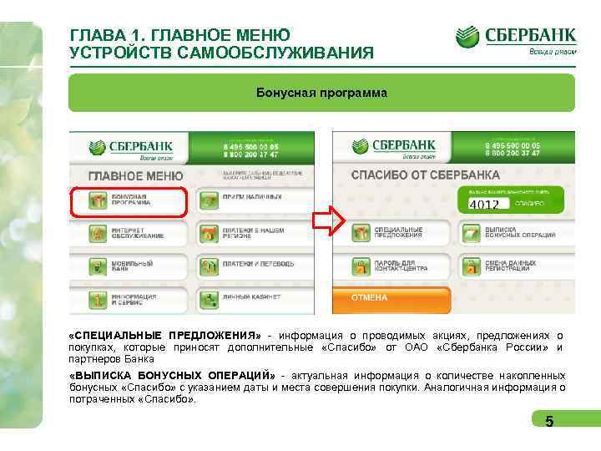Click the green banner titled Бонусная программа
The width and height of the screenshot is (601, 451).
click(321, 93)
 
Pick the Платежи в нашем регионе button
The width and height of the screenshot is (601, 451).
click(254, 234)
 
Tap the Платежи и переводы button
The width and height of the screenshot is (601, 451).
click(254, 266)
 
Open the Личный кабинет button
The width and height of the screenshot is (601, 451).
click(254, 298)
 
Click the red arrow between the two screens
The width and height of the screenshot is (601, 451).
click(329, 222)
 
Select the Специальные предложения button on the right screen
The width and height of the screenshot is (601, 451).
click(391, 233)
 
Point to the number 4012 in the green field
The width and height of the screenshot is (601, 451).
click(485, 204)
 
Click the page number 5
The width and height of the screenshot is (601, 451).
click(548, 422)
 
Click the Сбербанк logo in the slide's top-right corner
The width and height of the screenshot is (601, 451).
click(516, 39)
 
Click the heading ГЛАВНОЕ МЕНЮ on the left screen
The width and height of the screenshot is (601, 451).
click(135, 175)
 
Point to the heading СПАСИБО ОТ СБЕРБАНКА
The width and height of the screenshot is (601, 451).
click(425, 175)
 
